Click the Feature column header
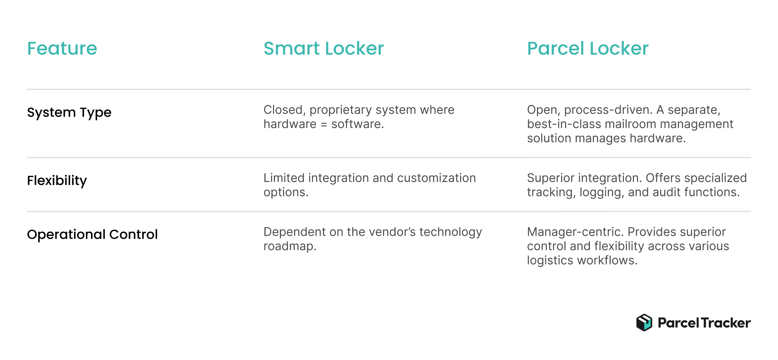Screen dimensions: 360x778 click(62, 49)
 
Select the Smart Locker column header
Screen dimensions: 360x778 click(324, 49)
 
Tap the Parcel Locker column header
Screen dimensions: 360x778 click(588, 49)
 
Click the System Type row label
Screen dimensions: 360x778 click(69, 113)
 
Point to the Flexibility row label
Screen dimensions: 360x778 click(57, 181)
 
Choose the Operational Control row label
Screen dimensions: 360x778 click(92, 235)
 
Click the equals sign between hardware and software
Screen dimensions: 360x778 click(324, 124)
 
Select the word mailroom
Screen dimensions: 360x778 click(632, 124)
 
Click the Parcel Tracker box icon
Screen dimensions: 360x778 click(644, 323)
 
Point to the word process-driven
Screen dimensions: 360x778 click(608, 110)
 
